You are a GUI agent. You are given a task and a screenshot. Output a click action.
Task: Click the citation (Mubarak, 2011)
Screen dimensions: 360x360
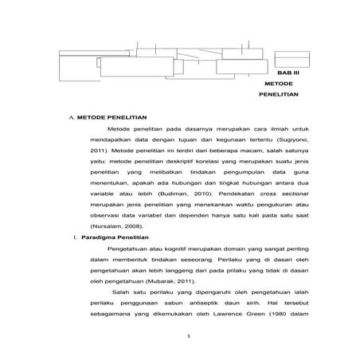(x=170, y=281)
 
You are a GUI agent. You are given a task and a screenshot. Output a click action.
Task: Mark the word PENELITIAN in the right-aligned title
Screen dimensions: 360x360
(x=279, y=94)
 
